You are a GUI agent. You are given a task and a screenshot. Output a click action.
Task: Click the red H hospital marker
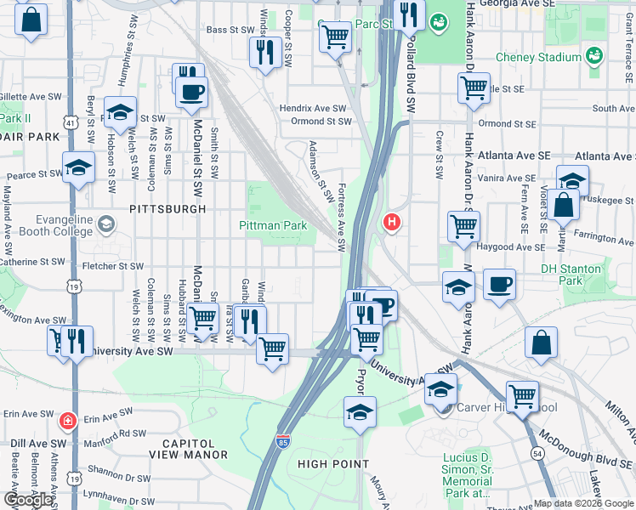tap(392, 223)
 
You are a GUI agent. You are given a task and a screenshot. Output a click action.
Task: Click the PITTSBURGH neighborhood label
tap(168, 208)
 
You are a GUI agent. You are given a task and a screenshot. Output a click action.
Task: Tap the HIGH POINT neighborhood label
tap(333, 464)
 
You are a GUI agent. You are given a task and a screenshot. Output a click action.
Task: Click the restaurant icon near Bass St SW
tap(265, 53)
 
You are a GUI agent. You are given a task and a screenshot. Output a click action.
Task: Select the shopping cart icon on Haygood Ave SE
tap(464, 226)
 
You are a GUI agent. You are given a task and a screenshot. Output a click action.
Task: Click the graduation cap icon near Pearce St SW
tap(78, 167)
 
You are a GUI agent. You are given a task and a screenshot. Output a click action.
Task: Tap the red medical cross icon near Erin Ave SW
tap(66, 421)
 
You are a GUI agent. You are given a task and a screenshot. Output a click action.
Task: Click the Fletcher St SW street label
tap(107, 266)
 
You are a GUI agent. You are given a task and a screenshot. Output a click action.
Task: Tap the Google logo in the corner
tap(28, 500)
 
